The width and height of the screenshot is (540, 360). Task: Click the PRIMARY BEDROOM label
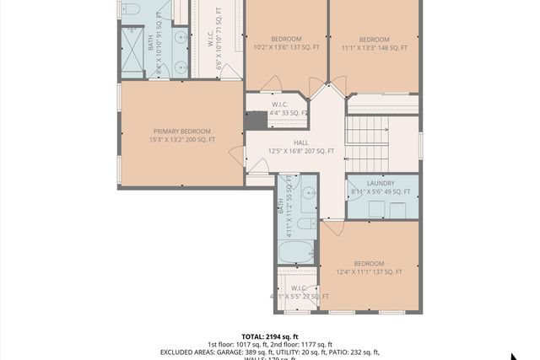[181, 132]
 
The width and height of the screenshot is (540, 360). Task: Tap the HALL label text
[301, 142]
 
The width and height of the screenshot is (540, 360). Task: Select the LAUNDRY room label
[381, 183]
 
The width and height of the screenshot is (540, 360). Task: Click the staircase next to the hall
[367, 143]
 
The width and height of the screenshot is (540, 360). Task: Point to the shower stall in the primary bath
[132, 53]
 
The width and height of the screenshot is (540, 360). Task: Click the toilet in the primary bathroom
[131, 9]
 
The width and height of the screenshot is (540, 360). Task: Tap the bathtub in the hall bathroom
[296, 251]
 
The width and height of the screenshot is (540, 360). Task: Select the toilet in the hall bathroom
[307, 223]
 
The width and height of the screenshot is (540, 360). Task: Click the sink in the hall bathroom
[308, 194]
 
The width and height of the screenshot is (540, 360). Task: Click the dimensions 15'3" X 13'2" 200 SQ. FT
[181, 140]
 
